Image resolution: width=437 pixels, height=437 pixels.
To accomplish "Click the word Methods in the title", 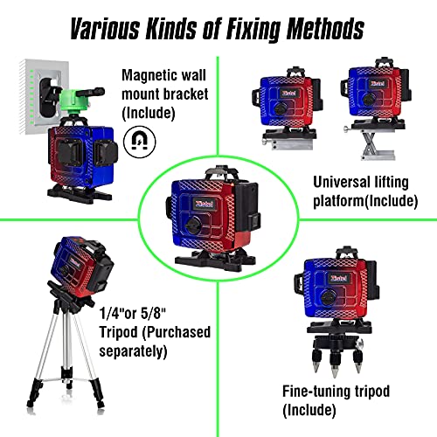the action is click(x=325, y=29).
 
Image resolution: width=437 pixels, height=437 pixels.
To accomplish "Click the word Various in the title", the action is click(x=105, y=29).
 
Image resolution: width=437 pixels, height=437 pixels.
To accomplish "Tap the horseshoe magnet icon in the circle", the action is click(x=140, y=142).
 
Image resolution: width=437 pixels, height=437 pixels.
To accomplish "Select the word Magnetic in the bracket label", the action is click(x=149, y=76).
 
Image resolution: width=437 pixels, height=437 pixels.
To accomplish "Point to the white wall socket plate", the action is click(x=44, y=96).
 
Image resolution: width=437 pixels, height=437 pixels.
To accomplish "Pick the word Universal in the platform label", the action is click(x=339, y=183).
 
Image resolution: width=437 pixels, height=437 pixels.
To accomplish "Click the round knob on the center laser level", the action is click(x=193, y=225).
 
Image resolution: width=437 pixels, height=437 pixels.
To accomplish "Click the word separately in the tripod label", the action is click(x=133, y=351).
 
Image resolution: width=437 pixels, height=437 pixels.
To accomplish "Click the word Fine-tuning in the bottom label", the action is click(x=316, y=392).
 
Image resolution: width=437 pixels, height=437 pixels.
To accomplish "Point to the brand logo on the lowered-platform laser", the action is click(x=289, y=93).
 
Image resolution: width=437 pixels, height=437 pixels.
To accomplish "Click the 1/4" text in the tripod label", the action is click(x=112, y=313).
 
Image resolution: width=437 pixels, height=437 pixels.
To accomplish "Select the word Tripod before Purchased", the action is click(x=118, y=332).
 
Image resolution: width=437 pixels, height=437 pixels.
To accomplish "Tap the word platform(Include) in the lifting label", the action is click(x=365, y=201).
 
